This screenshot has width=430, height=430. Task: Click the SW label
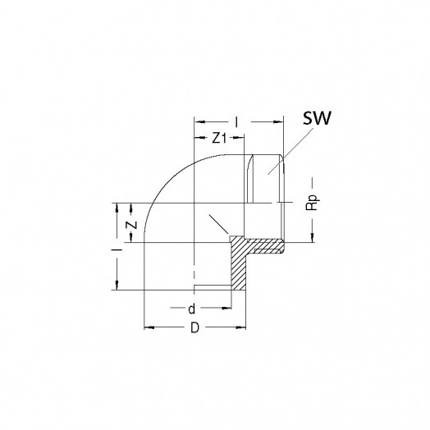(317, 118)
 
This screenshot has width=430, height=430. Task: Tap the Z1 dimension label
(219, 138)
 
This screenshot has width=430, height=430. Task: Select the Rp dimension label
(312, 203)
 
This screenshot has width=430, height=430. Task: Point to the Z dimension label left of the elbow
(131, 225)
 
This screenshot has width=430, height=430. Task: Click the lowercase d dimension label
(192, 309)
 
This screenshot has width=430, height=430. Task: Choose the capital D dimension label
(194, 327)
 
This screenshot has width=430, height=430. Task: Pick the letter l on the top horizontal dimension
(236, 122)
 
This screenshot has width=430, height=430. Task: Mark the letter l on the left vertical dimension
(117, 249)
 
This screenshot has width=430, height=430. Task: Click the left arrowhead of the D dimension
(149, 327)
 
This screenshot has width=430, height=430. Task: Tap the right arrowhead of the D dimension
(241, 327)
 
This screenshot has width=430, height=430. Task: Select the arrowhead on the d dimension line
(226, 308)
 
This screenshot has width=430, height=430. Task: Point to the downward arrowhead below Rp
(313, 238)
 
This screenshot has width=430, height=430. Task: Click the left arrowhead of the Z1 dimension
(199, 138)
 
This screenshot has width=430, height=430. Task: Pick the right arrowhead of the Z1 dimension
(239, 138)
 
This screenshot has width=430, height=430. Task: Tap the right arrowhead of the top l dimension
(278, 122)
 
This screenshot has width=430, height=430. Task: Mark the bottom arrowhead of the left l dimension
(117, 286)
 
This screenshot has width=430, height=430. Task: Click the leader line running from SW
(291, 151)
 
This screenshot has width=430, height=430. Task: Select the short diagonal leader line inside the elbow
(218, 223)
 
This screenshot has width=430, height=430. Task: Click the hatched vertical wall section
(238, 263)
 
